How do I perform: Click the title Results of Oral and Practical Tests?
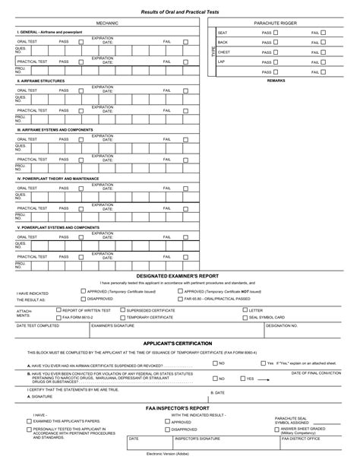coord(179,11)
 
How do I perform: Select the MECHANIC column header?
coord(107,24)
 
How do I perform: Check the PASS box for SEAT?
coord(276,33)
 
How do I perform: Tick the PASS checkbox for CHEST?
coord(276,52)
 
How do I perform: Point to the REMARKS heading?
coord(276,80)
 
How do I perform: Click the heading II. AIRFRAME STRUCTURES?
coord(41,80)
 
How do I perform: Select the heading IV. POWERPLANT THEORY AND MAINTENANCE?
coord(58,178)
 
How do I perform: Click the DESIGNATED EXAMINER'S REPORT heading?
coord(177,276)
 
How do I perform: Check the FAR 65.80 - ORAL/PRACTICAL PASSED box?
coord(179,299)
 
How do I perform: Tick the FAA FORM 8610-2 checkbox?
coord(58,317)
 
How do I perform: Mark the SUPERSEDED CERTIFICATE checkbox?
coord(122,310)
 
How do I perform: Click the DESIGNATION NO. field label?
coord(282,325)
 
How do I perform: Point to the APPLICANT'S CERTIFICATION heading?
coord(178,344)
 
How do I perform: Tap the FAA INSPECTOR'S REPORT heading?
coord(178,408)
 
